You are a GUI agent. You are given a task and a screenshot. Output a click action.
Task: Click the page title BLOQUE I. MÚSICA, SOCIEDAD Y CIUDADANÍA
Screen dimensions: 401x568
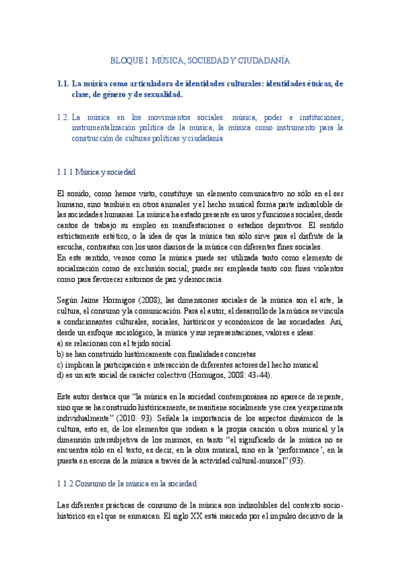tap(200, 60)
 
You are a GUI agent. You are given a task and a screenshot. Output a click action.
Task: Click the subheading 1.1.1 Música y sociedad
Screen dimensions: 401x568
tap(96, 172)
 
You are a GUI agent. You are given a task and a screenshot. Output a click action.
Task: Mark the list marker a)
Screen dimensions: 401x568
tap(61, 343)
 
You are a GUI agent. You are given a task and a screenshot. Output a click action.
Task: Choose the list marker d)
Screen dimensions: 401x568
tap(61, 375)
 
